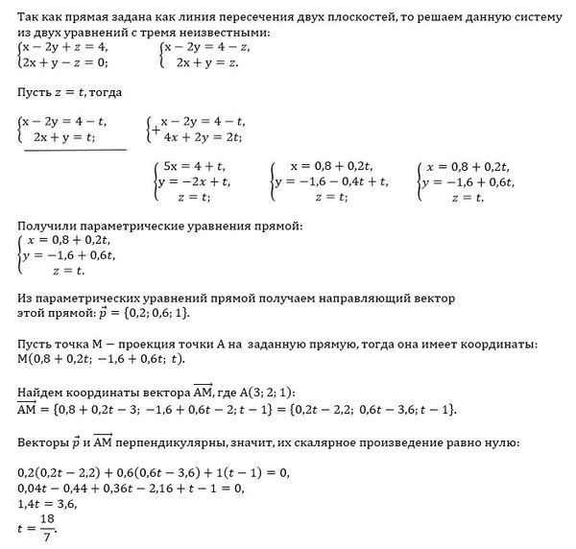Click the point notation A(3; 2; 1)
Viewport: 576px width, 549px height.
click(x=265, y=393)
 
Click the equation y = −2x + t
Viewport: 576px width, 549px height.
click(x=193, y=180)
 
